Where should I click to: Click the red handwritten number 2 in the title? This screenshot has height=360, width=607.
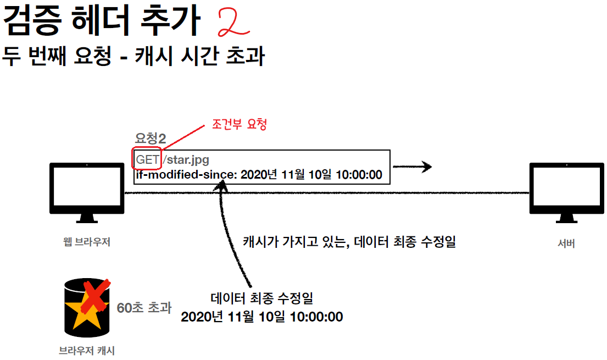click(x=233, y=22)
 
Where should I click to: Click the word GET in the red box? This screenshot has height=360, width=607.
click(x=147, y=160)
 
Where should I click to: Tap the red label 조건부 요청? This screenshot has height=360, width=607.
click(x=239, y=124)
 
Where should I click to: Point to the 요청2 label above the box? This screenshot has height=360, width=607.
click(x=150, y=139)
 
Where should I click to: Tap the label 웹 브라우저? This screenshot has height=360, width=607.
click(x=87, y=241)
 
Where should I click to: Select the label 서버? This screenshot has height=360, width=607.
click(x=566, y=242)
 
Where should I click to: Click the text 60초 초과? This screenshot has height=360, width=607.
click(x=144, y=307)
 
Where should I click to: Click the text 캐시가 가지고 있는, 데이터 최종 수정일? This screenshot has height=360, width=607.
click(x=349, y=242)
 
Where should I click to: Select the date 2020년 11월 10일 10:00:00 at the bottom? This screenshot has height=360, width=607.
click(x=261, y=317)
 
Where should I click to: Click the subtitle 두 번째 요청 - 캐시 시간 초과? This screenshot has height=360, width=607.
click(x=134, y=57)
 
